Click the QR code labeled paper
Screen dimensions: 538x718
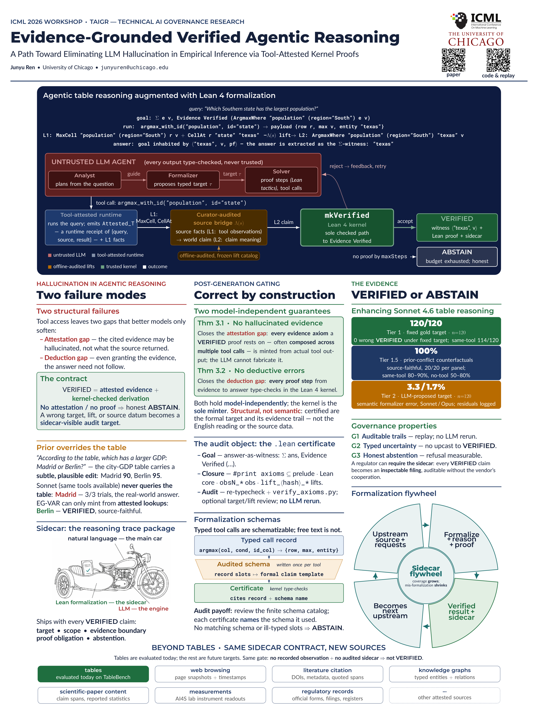tap(453, 60)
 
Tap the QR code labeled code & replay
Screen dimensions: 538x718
tap(498, 60)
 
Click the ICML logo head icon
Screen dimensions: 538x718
tap(460, 20)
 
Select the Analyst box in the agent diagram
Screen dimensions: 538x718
tap(85, 180)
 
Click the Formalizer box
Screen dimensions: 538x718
tap(183, 180)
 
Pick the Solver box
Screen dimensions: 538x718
tap(281, 180)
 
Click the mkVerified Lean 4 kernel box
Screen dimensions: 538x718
tap(347, 228)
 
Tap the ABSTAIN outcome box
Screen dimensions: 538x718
tap(457, 257)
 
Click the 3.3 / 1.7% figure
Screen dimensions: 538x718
tap(426, 387)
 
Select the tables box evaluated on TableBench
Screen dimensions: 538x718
tap(93, 674)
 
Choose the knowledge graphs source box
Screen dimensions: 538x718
tap(444, 674)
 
